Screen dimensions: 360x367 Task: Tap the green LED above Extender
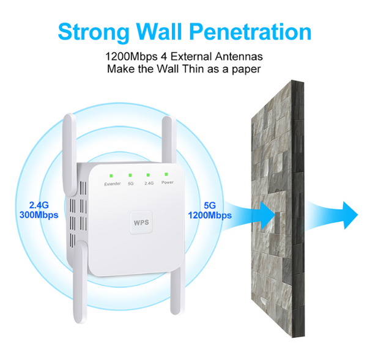click(x=112, y=175)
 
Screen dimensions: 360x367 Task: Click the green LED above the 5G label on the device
click(x=130, y=175)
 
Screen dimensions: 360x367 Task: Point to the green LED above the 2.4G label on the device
click(x=148, y=175)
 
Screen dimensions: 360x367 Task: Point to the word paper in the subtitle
click(x=245, y=69)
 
